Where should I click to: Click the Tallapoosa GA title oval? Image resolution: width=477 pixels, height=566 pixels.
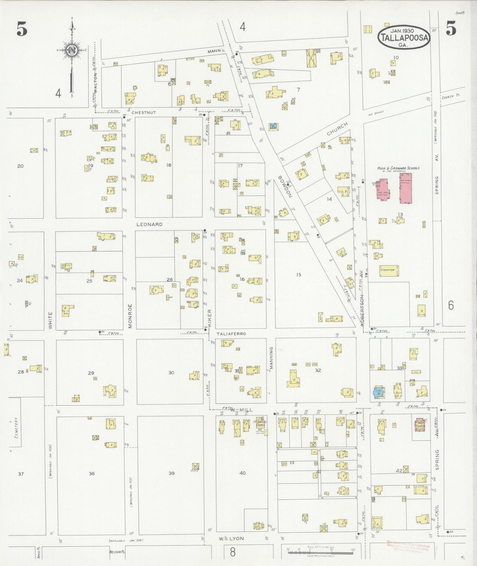pos(404,37)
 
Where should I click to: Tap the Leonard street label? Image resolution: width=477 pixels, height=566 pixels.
pos(150,224)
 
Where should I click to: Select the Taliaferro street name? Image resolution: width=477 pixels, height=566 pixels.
pos(231,334)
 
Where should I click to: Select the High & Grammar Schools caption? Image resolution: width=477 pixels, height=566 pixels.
pos(398,168)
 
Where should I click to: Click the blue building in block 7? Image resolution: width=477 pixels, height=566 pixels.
pos(273,126)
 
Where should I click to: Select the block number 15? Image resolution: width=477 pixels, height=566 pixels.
pos(299,274)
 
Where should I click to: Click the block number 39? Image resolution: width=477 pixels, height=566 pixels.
pos(171,473)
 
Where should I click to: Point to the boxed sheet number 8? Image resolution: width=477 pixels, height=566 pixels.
pos(233,552)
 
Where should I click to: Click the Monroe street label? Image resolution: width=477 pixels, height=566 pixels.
pos(130,316)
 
